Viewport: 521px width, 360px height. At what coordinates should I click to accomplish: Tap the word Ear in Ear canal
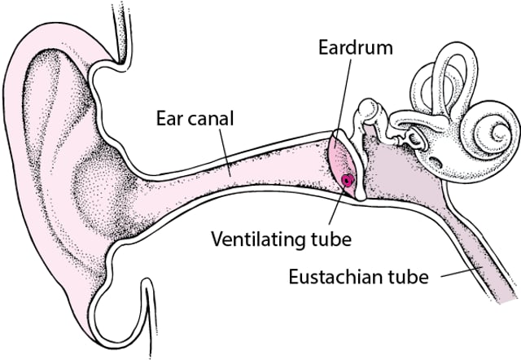tap(167, 119)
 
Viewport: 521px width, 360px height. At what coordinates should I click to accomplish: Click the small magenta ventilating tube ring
tap(348, 181)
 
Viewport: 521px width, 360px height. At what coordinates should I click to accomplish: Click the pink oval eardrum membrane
tap(342, 163)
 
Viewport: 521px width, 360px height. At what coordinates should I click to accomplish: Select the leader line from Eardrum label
tap(344, 98)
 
